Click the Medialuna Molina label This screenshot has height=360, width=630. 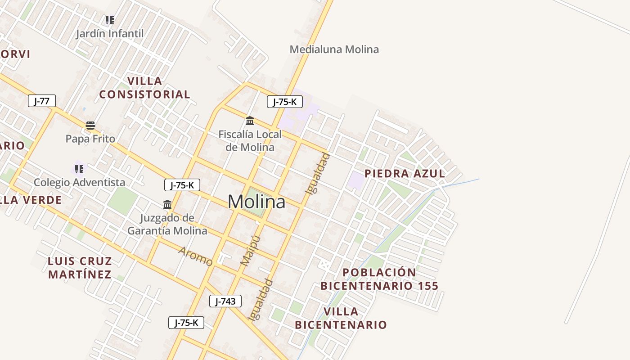click(334, 49)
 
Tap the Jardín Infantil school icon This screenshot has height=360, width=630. click(110, 20)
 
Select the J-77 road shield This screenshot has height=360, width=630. click(41, 101)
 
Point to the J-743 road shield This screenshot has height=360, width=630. click(225, 301)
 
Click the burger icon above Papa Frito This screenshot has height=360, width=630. click(90, 125)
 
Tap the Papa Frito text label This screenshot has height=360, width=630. click(90, 139)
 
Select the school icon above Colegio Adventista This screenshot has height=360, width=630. click(79, 169)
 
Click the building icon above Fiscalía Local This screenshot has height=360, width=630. click(250, 121)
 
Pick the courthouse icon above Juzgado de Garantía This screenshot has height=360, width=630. click(167, 204)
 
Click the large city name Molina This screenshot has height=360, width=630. click(256, 202)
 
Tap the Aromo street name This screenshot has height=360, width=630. click(195, 256)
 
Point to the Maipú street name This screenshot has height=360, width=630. click(251, 250)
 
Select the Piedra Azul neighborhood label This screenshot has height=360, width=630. click(405, 173)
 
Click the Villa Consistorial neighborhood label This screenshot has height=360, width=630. click(144, 88)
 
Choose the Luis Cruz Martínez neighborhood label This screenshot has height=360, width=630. click(80, 268)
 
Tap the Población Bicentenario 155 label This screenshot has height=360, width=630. click(379, 279)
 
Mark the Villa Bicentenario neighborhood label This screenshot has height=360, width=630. click(341, 318)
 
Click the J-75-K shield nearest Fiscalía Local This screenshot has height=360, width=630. click(284, 102)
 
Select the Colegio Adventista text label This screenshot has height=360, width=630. click(80, 182)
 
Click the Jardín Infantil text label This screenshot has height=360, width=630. click(110, 34)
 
